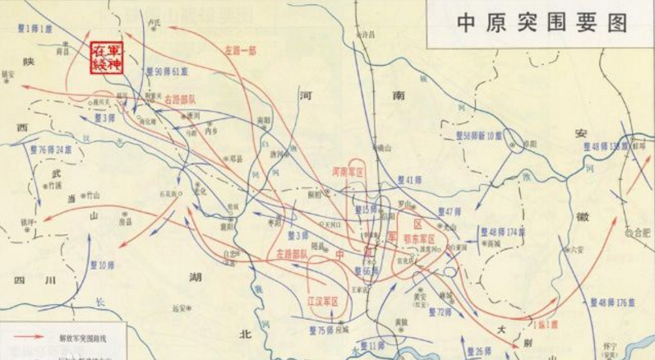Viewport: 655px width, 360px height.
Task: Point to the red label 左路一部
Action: (x=241, y=50)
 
